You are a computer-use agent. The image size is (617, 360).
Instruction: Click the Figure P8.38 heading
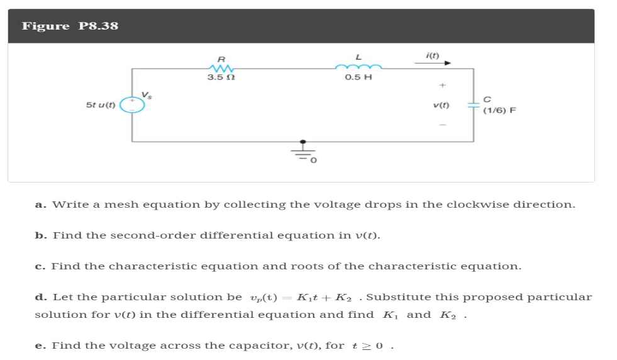(x=70, y=26)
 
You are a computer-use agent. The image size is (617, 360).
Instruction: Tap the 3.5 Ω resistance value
(x=221, y=77)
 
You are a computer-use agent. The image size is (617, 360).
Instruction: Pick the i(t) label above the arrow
(x=433, y=55)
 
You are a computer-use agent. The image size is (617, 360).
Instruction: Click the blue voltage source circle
(x=133, y=104)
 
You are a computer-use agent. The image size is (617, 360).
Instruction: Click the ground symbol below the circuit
(x=303, y=154)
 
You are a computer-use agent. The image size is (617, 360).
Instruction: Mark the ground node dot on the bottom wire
(x=303, y=142)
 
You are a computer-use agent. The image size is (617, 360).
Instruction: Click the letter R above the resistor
(x=221, y=57)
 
